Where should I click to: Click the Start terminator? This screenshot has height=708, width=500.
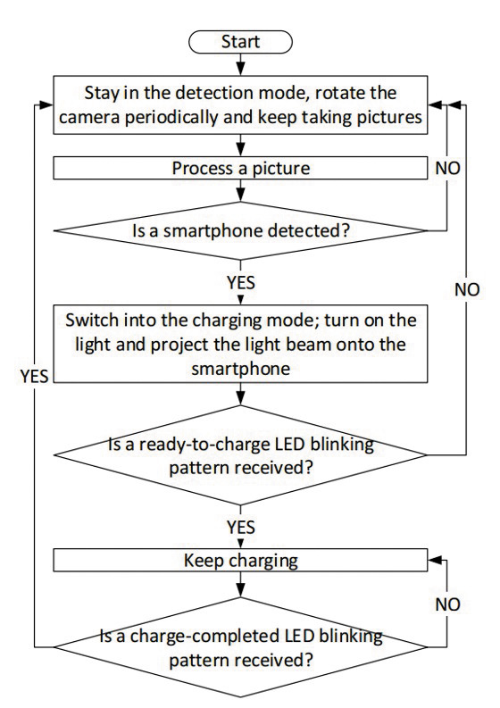240,42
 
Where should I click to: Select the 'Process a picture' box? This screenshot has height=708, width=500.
240,168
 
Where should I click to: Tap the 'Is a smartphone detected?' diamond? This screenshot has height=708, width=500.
240,230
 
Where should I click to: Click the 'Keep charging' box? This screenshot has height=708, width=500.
240,561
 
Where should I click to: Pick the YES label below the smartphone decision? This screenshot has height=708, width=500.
241,283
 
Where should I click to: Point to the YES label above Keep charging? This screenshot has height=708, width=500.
241,527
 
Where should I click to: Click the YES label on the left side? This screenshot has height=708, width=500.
34,376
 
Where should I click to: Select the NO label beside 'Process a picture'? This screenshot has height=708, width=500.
447,168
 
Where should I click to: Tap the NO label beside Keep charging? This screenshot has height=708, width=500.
447,604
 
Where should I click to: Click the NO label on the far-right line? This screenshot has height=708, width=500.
467,289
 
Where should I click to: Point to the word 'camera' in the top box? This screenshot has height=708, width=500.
90,117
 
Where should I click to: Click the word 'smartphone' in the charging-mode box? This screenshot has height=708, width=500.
241,369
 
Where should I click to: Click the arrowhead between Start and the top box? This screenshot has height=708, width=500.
241,70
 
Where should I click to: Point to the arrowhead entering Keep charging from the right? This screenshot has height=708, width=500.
434,561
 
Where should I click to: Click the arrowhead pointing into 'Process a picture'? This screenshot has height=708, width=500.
241,151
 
